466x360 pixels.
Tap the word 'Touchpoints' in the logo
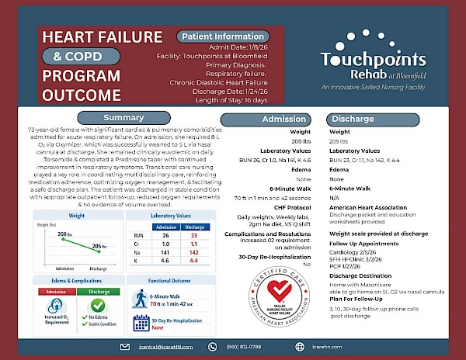pos(374,60)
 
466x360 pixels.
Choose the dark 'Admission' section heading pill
pos(284,119)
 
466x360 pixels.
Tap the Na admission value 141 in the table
pos(164,252)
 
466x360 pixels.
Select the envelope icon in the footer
pos(124,346)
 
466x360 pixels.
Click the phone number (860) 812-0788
pos(245,346)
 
